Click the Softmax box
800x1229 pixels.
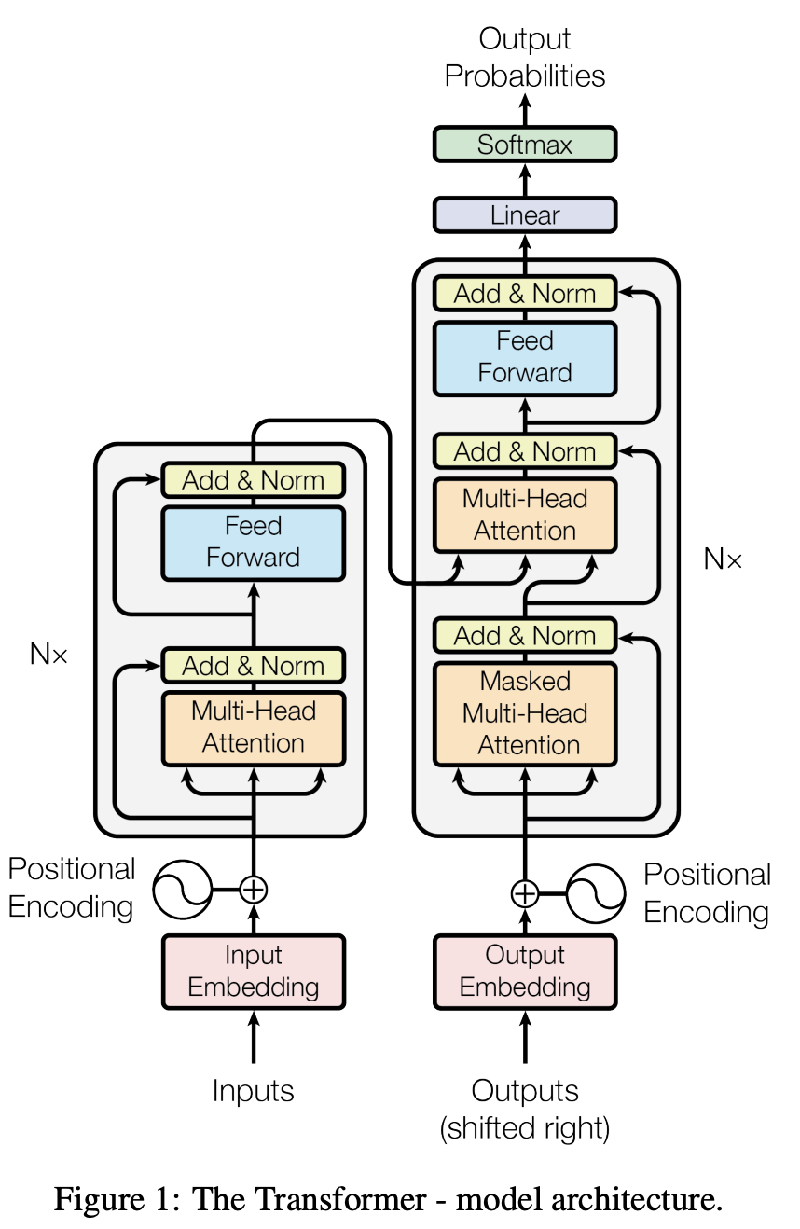[525, 145]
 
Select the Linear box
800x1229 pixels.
[525, 215]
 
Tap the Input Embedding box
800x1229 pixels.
[253, 972]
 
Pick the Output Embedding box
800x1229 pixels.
[525, 972]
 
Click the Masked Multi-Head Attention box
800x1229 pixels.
[525, 713]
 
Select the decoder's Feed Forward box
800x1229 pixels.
[525, 358]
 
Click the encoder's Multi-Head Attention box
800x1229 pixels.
[253, 728]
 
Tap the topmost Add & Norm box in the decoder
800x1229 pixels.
[525, 294]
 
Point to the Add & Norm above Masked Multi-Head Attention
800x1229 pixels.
[525, 635]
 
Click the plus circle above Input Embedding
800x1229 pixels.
[253, 890]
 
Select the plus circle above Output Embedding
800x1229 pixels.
[525, 893]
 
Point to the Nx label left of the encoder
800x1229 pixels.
[48, 654]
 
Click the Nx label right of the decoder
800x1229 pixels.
[722, 559]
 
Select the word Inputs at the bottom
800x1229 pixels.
[253, 1090]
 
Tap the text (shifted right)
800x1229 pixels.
[525, 1128]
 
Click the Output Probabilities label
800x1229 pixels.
[525, 57]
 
